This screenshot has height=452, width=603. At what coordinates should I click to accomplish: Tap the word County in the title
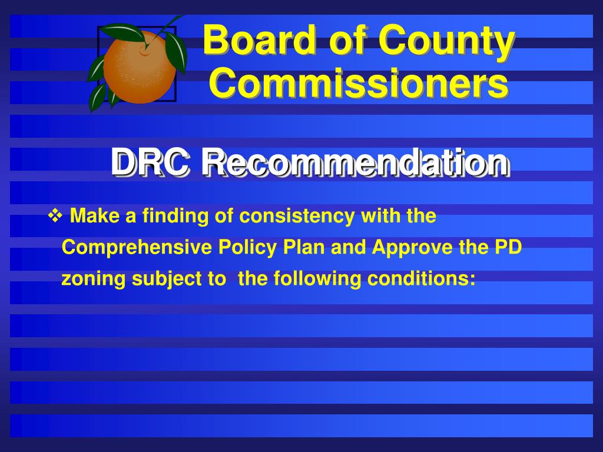(x=446, y=42)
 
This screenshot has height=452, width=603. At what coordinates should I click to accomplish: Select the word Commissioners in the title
(x=359, y=82)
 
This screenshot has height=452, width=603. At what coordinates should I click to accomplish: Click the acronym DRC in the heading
(x=150, y=162)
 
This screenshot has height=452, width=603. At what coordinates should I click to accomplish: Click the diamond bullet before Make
(x=55, y=215)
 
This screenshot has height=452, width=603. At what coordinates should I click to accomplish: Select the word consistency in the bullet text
(x=297, y=217)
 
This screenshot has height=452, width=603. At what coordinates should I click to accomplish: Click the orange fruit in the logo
(x=139, y=68)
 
